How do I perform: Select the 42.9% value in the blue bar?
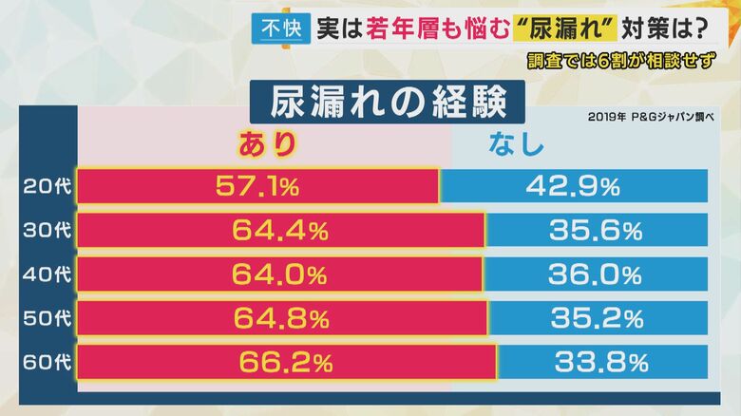(x=573, y=186)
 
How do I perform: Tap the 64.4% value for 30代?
(x=279, y=230)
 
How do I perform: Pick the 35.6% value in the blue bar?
(x=596, y=230)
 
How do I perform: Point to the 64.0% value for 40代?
(x=279, y=274)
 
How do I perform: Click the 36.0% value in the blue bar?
(x=596, y=274)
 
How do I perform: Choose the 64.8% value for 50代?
(x=280, y=318)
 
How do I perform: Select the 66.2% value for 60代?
(x=285, y=362)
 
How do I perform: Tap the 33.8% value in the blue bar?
(x=600, y=362)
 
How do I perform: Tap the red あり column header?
(x=267, y=144)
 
